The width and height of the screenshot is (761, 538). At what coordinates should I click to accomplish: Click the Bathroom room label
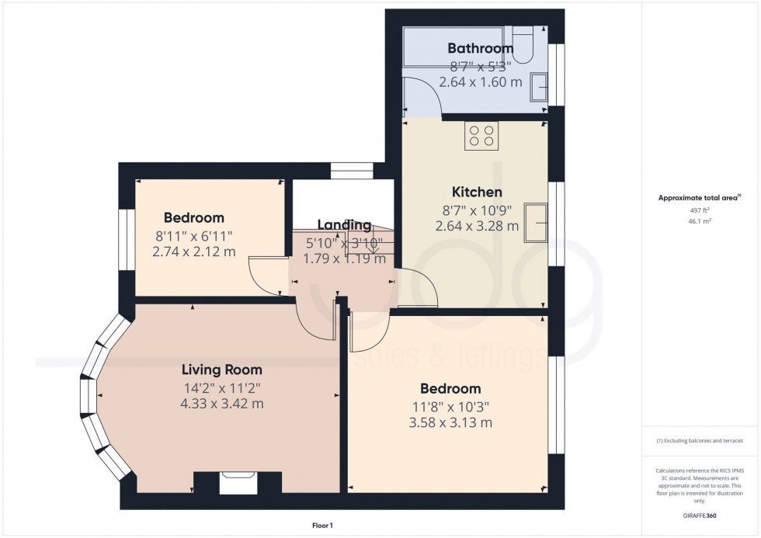pos(481,49)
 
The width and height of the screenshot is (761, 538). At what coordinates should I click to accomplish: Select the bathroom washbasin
pos(537,87)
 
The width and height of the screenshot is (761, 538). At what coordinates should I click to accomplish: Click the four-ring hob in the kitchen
pos(481,136)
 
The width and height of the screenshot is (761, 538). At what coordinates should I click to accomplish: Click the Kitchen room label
pos(477,192)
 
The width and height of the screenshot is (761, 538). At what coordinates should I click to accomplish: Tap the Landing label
pos(344,225)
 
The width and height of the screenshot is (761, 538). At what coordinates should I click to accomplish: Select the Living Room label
pos(222,370)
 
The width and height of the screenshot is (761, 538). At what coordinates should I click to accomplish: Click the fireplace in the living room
pos(237,483)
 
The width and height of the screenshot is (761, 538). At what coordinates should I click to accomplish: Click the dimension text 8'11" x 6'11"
pos(194,235)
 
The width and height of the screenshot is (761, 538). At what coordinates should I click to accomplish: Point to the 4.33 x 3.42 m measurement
pos(222,404)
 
